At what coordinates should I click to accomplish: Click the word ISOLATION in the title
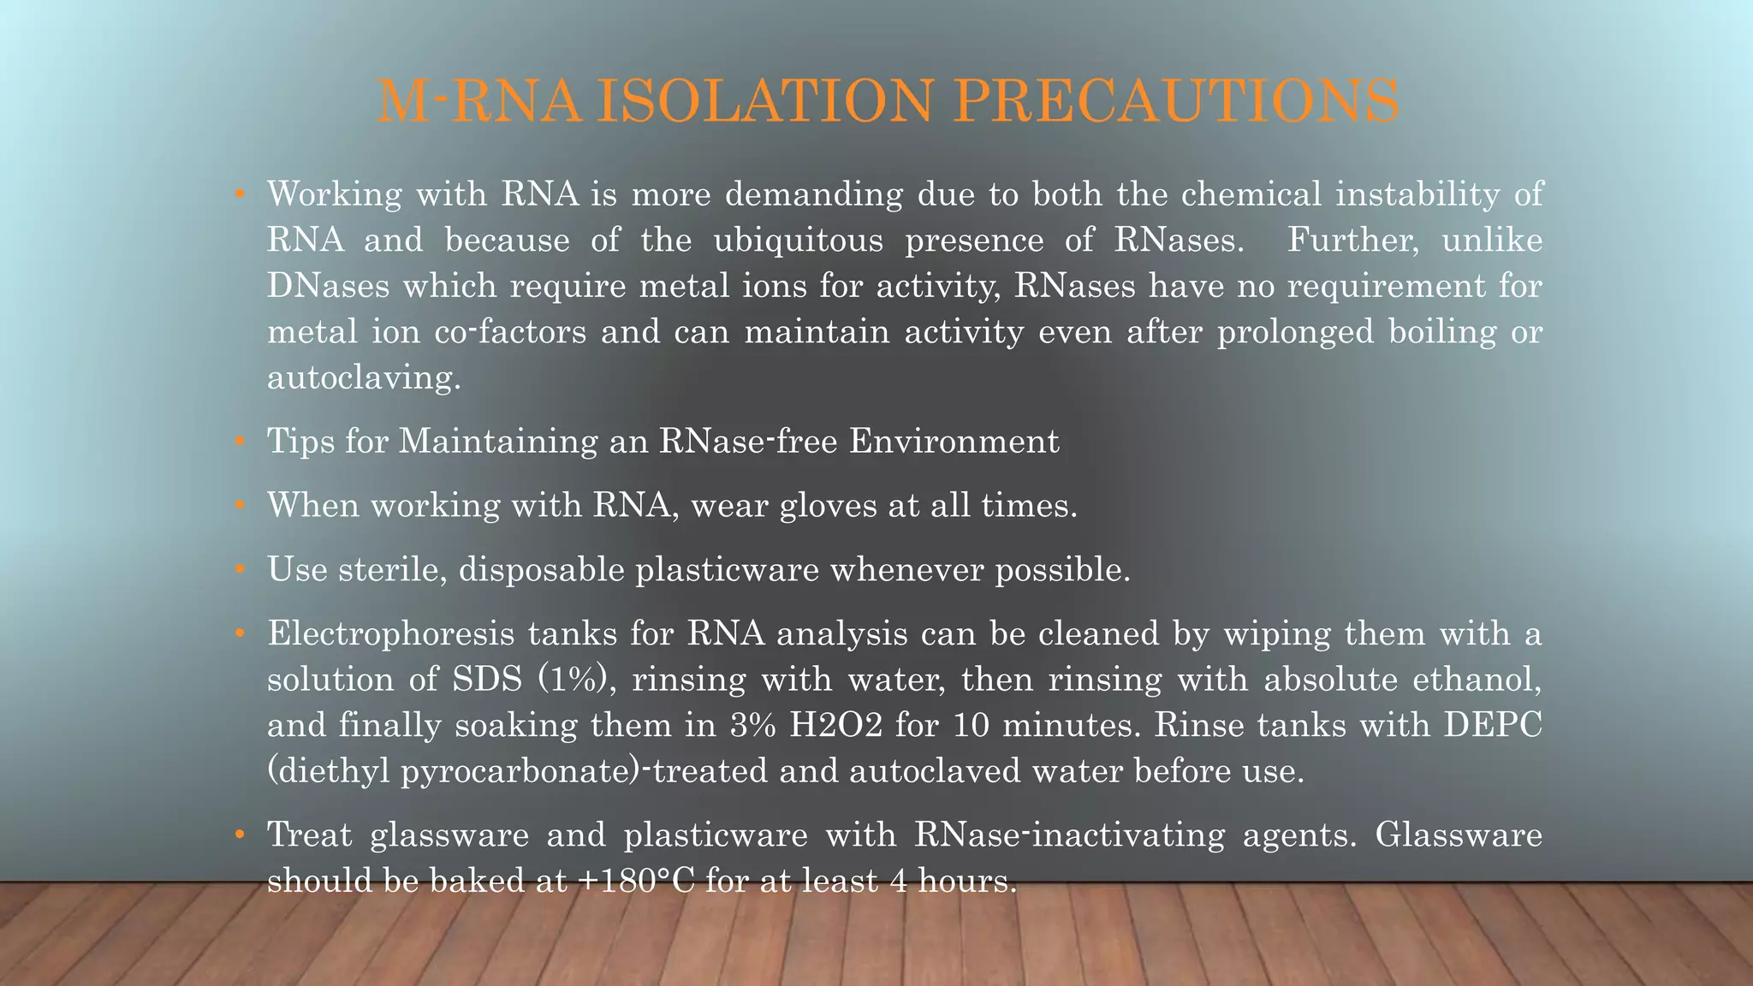pos(764,101)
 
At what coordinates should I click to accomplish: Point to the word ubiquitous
pos(798,241)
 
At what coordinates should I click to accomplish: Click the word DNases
pos(328,286)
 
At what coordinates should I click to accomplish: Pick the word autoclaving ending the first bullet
pos(364,377)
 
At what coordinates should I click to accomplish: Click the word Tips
pos(300,442)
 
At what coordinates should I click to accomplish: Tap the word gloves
pos(829,506)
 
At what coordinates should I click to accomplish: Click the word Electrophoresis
pos(390,634)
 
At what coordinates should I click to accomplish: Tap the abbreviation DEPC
pos(1493,726)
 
